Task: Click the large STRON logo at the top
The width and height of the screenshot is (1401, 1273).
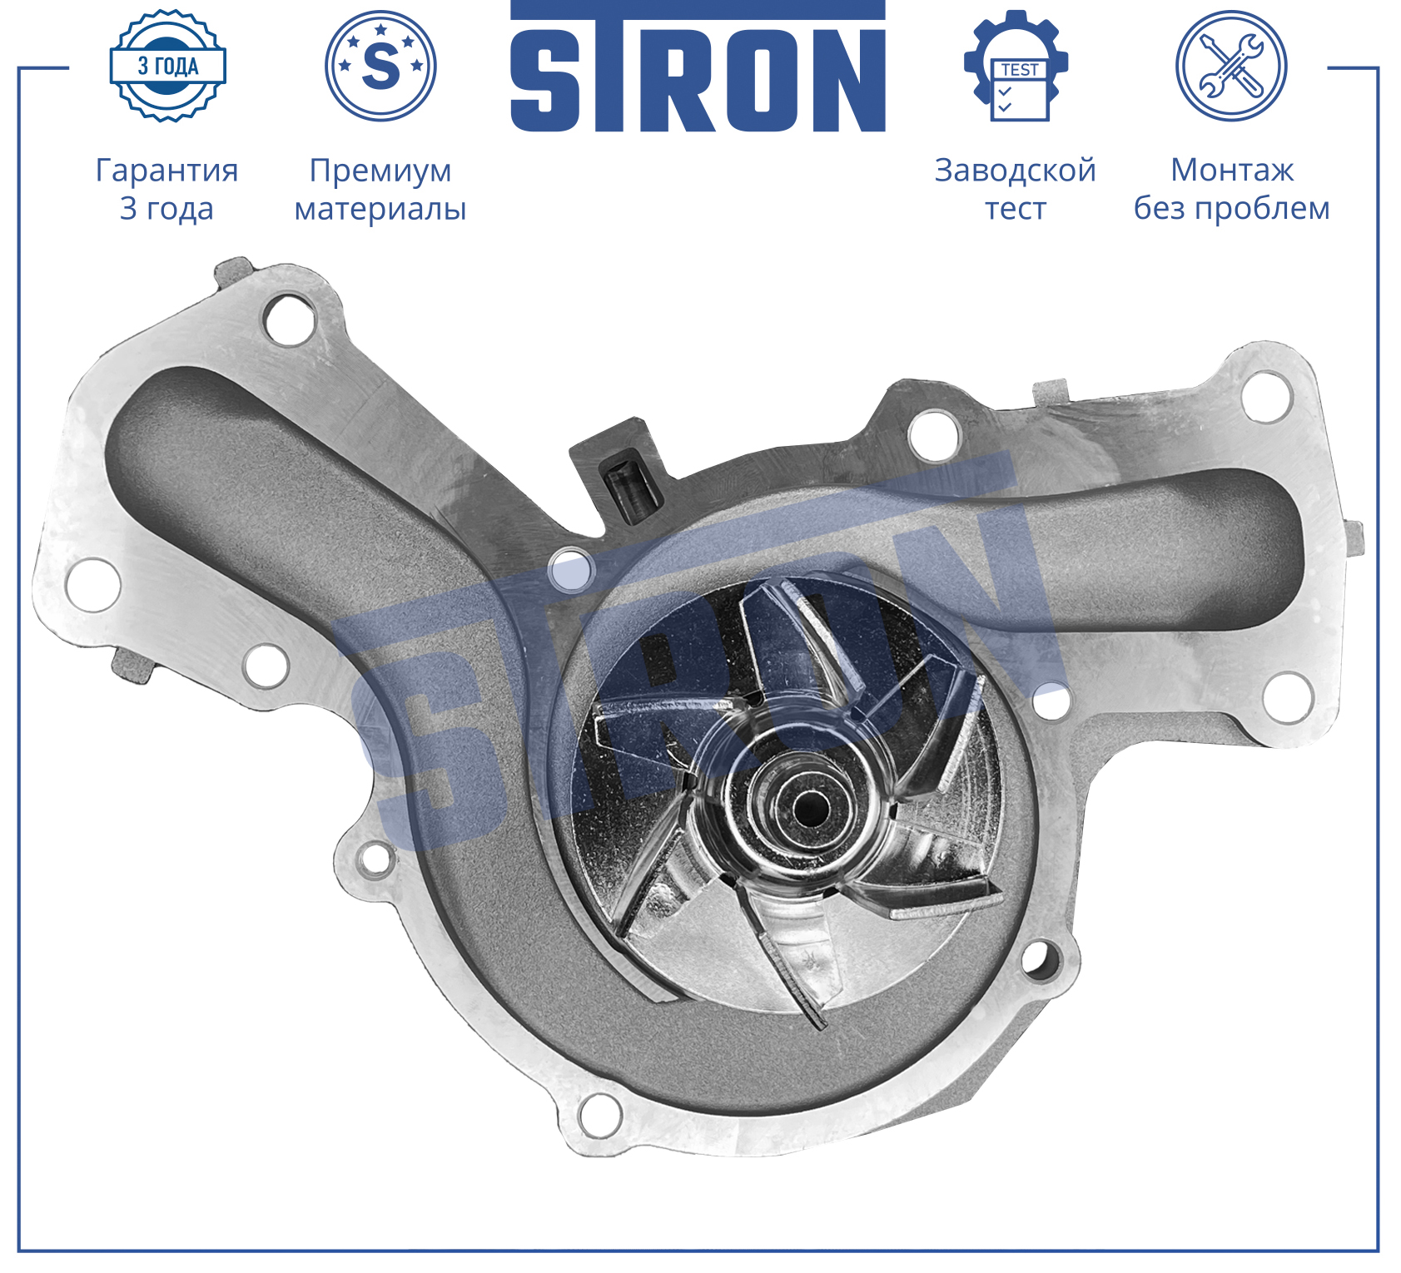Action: pyautogui.click(x=698, y=67)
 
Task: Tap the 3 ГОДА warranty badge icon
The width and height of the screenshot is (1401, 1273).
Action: pyautogui.click(x=167, y=66)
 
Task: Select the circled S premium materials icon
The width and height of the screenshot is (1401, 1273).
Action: pyautogui.click(x=380, y=66)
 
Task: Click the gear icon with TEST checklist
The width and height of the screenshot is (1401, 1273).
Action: pyautogui.click(x=1016, y=66)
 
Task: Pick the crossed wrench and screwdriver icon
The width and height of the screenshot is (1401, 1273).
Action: pyautogui.click(x=1231, y=66)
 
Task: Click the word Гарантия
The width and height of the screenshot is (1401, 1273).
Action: pyautogui.click(x=167, y=171)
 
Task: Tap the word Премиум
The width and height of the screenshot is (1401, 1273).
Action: pyautogui.click(x=380, y=171)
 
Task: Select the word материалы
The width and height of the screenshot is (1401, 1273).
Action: pyautogui.click(x=380, y=209)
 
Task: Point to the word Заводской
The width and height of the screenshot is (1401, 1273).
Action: pyautogui.click(x=1016, y=171)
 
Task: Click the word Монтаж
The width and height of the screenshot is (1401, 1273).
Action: pyautogui.click(x=1232, y=170)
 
